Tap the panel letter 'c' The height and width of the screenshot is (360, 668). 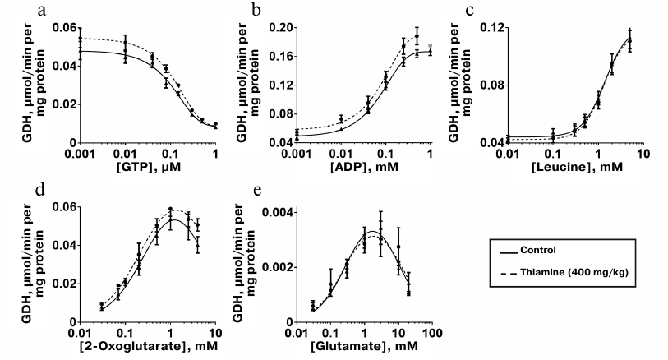468,9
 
